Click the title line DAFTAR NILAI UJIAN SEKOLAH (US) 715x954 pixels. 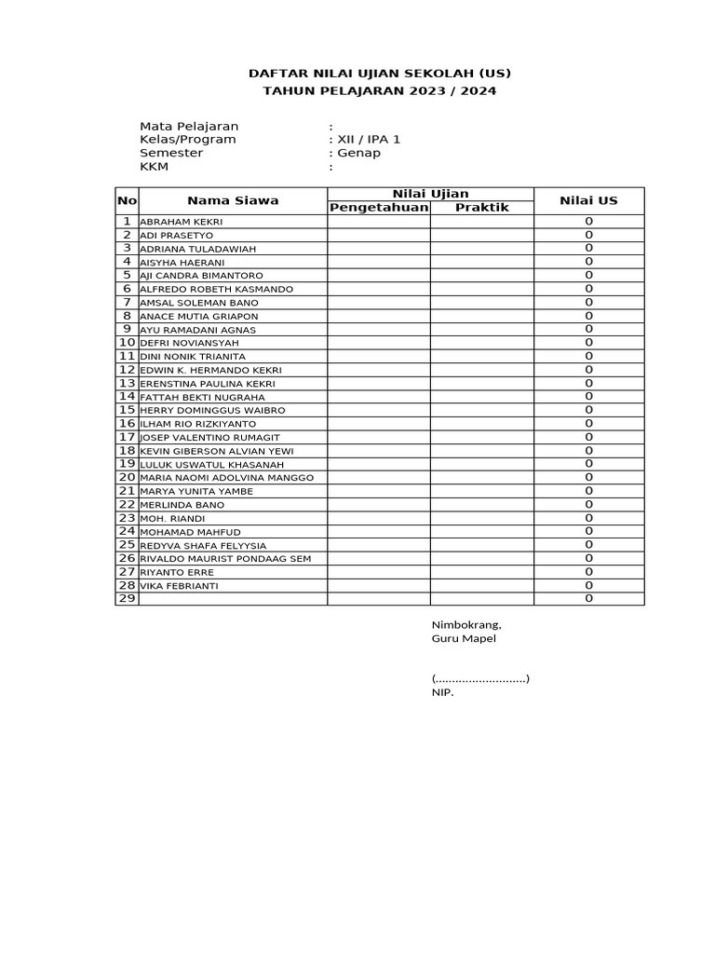point(379,74)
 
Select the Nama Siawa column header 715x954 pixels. point(233,200)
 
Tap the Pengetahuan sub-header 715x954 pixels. point(378,207)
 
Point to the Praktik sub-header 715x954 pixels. point(481,207)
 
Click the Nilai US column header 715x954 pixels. point(588,200)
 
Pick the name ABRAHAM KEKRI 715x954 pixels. point(182,222)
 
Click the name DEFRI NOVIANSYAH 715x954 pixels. point(189,343)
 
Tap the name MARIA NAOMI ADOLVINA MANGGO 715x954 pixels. point(226,478)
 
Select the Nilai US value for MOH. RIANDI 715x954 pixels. point(588,518)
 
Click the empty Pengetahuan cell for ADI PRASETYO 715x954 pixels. point(378,236)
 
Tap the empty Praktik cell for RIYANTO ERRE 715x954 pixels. point(481,572)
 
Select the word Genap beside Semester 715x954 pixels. point(359,153)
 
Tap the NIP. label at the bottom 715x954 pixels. point(442,692)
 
